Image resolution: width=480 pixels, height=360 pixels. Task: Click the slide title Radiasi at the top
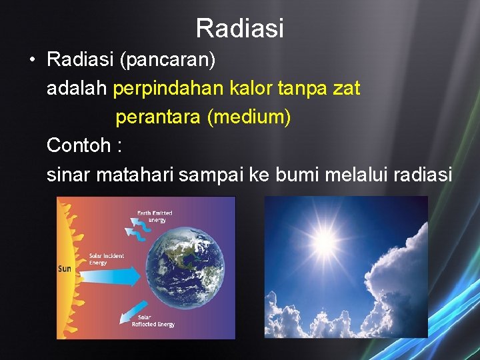pyautogui.click(x=240, y=28)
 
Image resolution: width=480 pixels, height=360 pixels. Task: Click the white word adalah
pyautogui.click(x=77, y=88)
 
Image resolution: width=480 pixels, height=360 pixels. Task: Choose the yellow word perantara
pyautogui.click(x=158, y=117)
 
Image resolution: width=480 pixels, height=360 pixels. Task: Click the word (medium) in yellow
pyautogui.click(x=249, y=117)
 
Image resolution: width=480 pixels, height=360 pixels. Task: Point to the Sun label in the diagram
pyautogui.click(x=65, y=269)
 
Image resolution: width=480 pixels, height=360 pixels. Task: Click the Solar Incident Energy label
pyautogui.click(x=106, y=259)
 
